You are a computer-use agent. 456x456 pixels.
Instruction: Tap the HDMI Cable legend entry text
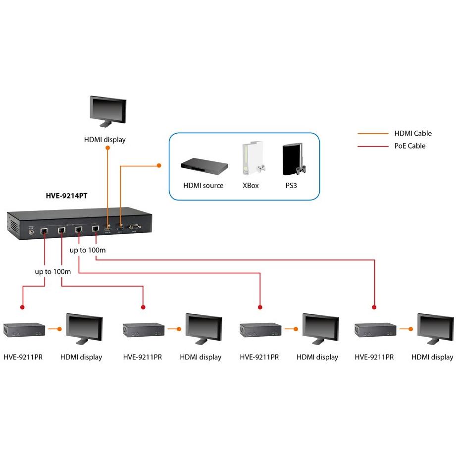[413, 133]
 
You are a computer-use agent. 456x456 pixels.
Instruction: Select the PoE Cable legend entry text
[409, 146]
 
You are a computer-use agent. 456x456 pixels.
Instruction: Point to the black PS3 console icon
[292, 160]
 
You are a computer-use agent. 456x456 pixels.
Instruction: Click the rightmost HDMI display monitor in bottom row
[434, 329]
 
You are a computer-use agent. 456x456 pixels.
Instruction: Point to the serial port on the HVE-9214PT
[133, 228]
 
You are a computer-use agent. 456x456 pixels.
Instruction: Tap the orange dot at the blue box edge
[159, 165]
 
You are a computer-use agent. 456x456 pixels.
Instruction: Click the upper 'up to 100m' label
[88, 250]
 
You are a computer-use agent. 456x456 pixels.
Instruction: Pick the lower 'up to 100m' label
[53, 272]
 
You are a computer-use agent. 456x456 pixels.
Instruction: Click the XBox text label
[251, 186]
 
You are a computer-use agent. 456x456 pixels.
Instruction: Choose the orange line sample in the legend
[373, 133]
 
